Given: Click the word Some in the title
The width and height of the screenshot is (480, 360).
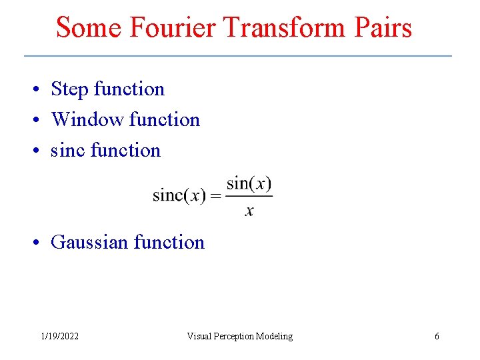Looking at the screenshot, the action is click(89, 27).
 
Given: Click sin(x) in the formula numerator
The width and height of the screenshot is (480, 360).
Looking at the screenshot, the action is click(249, 183).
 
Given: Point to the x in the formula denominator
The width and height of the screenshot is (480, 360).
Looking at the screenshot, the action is click(249, 211).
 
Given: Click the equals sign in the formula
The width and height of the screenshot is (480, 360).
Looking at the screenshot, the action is click(216, 196).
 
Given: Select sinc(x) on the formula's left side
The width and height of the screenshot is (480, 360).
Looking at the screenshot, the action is click(179, 196).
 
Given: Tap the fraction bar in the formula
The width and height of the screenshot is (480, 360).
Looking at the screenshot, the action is click(249, 196).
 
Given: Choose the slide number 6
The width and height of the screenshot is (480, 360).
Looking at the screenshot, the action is click(437, 337).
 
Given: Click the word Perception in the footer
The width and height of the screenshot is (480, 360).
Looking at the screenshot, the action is click(239, 337).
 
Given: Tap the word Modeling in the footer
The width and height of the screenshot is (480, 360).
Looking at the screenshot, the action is click(276, 337).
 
